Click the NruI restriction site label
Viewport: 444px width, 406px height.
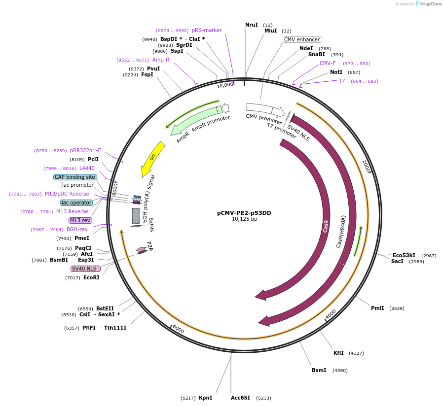click(x=252, y=25)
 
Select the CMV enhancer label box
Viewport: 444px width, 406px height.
click(x=302, y=39)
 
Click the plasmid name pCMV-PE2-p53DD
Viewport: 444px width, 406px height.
click(x=244, y=213)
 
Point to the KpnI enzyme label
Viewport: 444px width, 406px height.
click(x=205, y=398)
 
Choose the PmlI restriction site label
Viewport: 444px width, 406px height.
click(x=377, y=308)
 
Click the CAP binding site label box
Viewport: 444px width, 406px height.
click(x=75, y=177)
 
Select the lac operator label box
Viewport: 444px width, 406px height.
click(x=76, y=203)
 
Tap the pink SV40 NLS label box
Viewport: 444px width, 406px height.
click(x=85, y=269)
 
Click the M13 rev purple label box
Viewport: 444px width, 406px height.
click(x=80, y=220)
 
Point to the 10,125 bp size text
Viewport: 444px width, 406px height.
click(x=244, y=219)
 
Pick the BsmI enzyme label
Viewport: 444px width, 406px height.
click(x=319, y=370)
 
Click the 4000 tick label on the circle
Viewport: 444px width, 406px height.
click(x=331, y=313)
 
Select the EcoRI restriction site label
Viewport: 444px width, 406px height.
click(x=91, y=277)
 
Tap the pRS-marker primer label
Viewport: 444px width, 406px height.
click(x=207, y=30)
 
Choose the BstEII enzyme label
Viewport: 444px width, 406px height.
click(x=105, y=308)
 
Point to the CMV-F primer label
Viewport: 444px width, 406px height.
click(x=328, y=63)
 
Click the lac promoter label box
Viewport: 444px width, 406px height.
click(x=78, y=185)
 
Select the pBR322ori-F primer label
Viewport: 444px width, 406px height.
click(x=85, y=150)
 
